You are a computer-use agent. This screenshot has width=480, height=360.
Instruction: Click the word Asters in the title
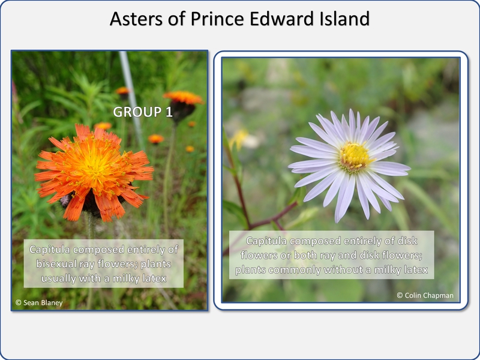tap(136, 19)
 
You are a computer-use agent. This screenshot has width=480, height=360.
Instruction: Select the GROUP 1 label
tap(143, 112)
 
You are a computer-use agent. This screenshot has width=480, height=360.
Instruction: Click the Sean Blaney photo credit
tap(39, 303)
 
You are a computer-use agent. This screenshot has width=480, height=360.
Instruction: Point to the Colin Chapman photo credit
tap(425, 295)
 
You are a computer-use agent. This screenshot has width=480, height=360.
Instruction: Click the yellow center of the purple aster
tap(354, 157)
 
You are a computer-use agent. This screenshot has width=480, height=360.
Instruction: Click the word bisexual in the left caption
tap(56, 264)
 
